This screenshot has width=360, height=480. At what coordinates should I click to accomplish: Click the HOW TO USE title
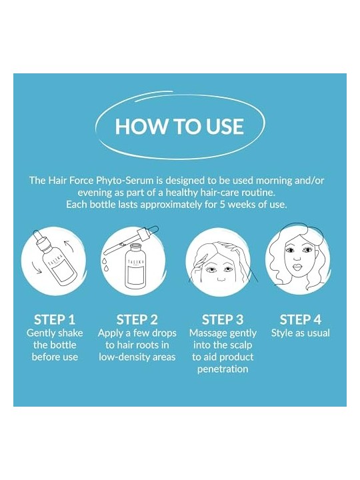click(x=179, y=126)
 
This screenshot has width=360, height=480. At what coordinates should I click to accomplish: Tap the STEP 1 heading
click(x=55, y=319)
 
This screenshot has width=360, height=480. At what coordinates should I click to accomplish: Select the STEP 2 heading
click(x=137, y=319)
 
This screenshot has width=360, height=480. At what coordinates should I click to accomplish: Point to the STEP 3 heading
click(x=223, y=319)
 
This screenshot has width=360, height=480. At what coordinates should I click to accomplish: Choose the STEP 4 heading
click(x=301, y=319)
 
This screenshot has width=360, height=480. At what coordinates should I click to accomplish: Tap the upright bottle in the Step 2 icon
click(x=135, y=265)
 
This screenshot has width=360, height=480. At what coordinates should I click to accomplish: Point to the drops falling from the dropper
click(x=105, y=265)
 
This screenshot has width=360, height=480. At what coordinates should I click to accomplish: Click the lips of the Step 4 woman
click(x=297, y=267)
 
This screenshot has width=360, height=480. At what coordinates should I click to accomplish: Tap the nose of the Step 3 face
click(x=220, y=278)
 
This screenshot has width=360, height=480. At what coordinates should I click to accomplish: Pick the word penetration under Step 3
click(x=223, y=369)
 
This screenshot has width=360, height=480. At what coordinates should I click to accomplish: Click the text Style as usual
click(x=301, y=333)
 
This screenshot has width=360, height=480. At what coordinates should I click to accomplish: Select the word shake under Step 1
click(x=71, y=333)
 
